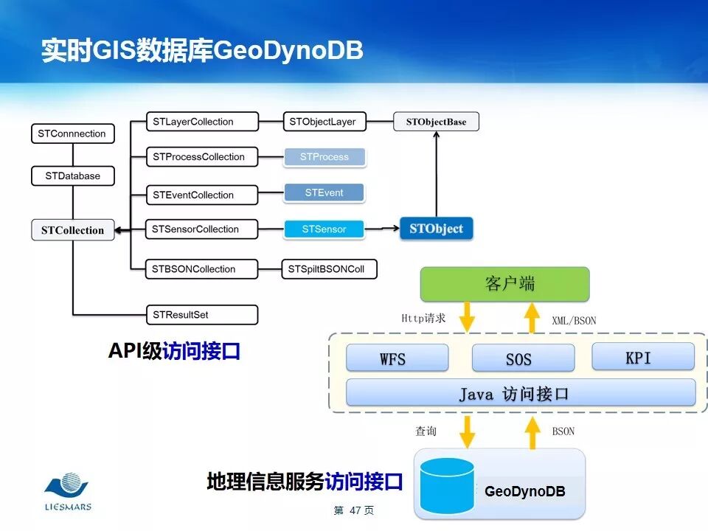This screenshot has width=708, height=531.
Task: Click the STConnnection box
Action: (72, 133)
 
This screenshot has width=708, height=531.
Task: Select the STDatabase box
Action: (72, 176)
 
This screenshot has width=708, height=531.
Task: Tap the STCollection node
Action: (72, 230)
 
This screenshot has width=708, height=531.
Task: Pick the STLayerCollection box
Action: (193, 122)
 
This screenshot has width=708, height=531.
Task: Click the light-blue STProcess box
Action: (324, 157)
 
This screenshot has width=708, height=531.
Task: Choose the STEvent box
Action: (324, 193)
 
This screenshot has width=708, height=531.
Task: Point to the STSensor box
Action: (324, 229)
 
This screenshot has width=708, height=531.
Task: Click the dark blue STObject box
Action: (436, 229)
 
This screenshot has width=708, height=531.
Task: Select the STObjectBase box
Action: (436, 122)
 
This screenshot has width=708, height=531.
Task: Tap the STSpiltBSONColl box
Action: (329, 269)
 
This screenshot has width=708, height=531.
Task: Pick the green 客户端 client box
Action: (504, 285)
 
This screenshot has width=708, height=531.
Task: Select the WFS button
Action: (398, 358)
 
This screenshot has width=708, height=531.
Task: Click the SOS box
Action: (523, 358)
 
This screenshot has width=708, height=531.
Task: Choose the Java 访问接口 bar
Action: (521, 393)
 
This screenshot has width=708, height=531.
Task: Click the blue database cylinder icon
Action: (446, 485)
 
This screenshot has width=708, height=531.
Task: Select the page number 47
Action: (354, 510)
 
